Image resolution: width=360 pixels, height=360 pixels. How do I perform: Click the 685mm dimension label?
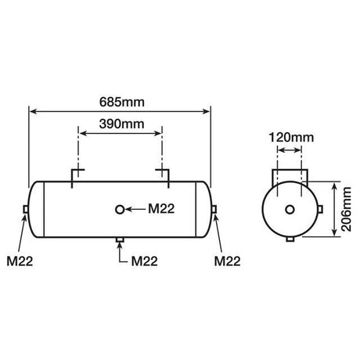(x=122, y=103)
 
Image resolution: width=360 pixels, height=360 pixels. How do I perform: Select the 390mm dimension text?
(x=121, y=124)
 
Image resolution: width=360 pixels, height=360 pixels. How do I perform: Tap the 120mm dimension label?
(x=291, y=138)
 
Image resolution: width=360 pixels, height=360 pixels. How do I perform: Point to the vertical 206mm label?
(x=347, y=209)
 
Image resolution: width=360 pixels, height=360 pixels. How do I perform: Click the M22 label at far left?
(x=20, y=261)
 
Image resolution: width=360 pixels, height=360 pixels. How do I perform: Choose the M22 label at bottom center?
(x=145, y=261)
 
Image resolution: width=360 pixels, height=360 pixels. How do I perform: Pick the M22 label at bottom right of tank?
(x=227, y=261)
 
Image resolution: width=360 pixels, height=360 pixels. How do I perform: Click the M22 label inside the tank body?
(x=161, y=209)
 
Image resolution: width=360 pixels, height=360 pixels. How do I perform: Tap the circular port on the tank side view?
(x=120, y=210)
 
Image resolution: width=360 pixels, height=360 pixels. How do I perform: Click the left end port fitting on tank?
(x=26, y=209)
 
